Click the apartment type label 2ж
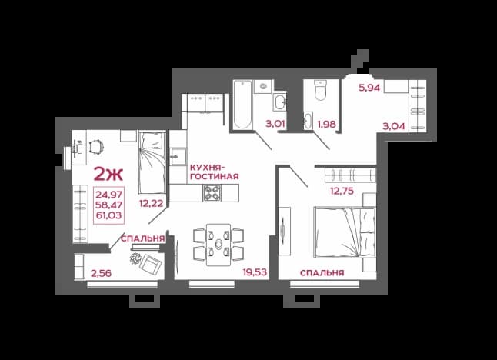108,175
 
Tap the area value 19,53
255,272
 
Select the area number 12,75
342,191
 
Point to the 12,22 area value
152,204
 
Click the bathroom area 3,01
275,124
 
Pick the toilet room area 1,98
326,124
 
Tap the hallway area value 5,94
369,88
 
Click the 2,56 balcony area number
101,273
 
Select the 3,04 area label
394,126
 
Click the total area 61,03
109,215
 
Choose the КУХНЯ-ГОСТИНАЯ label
215,172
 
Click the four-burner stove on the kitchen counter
212,192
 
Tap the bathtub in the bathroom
243,105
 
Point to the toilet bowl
320,90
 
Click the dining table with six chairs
218,245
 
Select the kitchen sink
178,156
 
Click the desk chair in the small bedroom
96,148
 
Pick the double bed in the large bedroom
345,232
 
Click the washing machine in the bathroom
263,86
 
